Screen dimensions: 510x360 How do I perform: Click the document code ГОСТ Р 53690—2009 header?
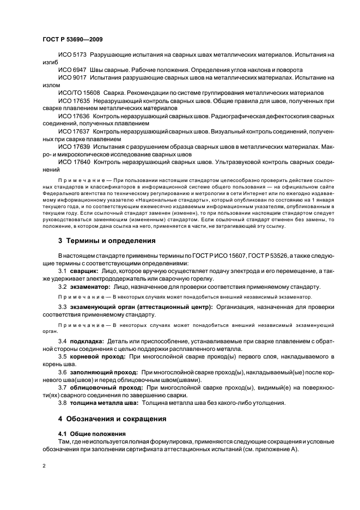point(72,39)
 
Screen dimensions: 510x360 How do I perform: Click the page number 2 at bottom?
point(44,466)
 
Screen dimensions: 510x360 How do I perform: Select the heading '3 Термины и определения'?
point(107,240)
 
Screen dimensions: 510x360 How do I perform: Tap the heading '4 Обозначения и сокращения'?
point(113,420)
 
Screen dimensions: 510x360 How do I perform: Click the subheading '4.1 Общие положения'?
point(82,434)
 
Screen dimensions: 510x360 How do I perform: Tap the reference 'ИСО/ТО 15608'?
point(79,93)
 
